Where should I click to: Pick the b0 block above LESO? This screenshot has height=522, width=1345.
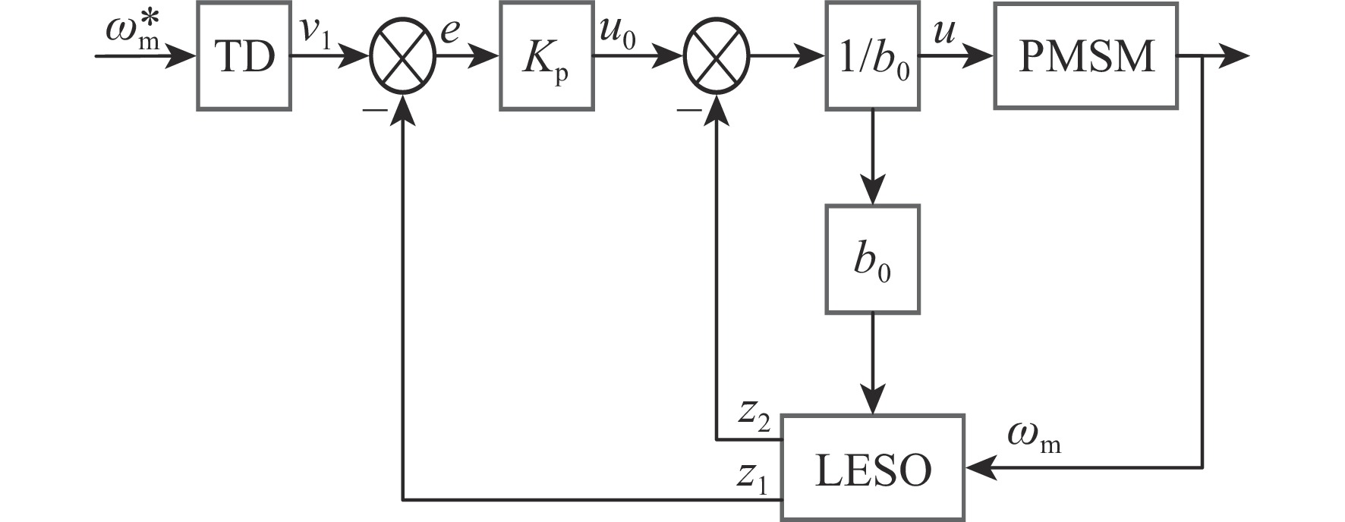(872, 259)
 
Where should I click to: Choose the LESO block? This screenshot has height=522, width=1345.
(873, 468)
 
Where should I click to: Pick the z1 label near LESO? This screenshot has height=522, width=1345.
(753, 475)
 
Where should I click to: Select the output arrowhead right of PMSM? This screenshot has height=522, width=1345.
(1236, 56)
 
